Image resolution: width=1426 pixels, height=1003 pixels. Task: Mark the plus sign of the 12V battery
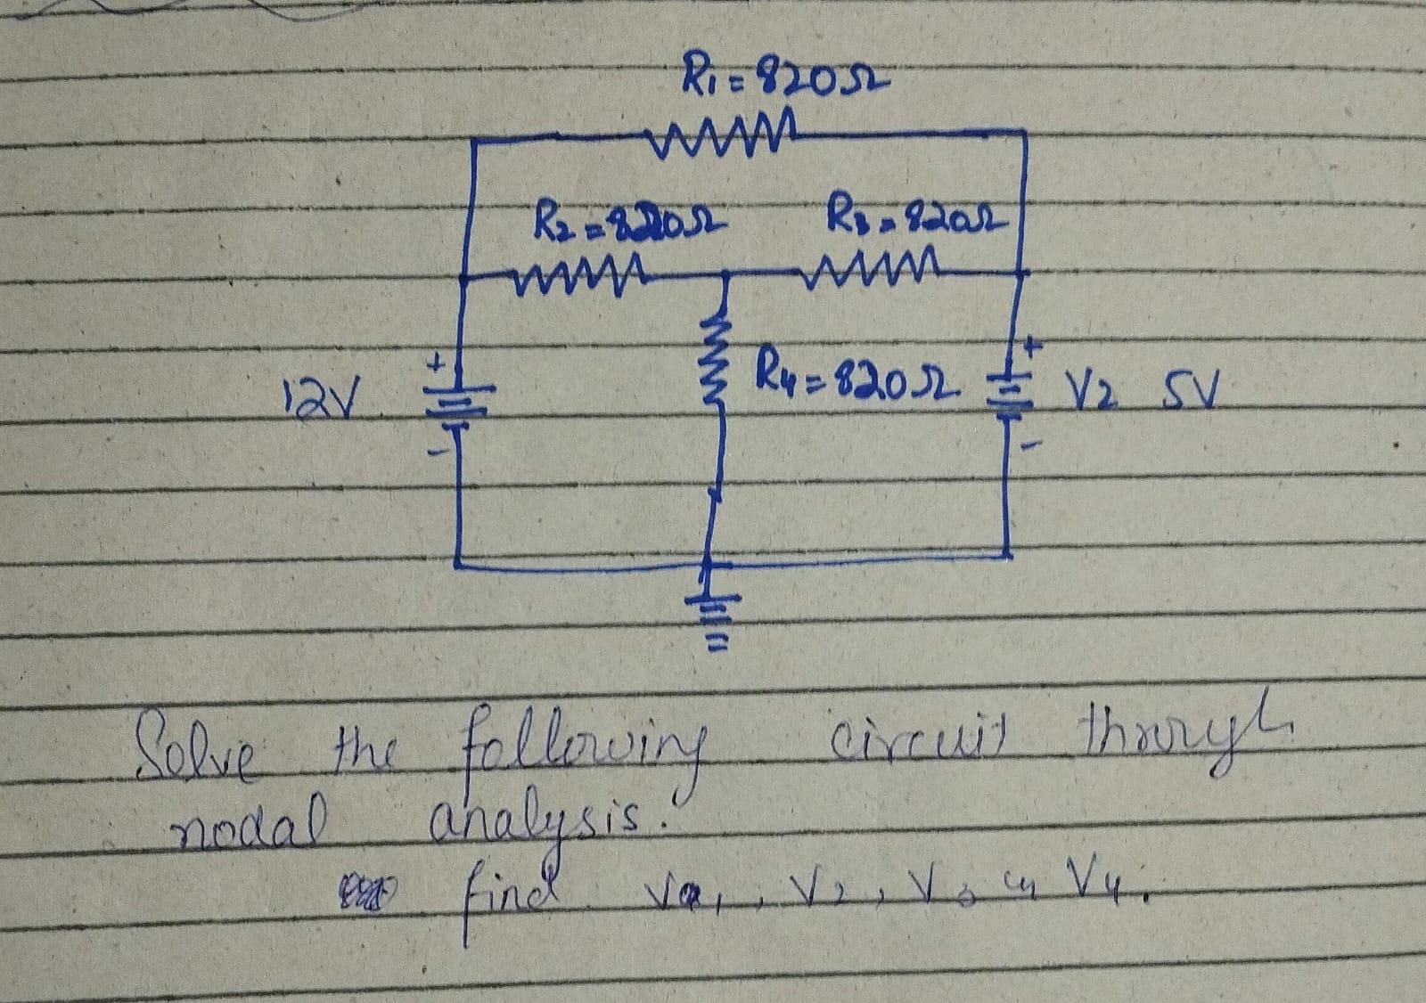point(438,363)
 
